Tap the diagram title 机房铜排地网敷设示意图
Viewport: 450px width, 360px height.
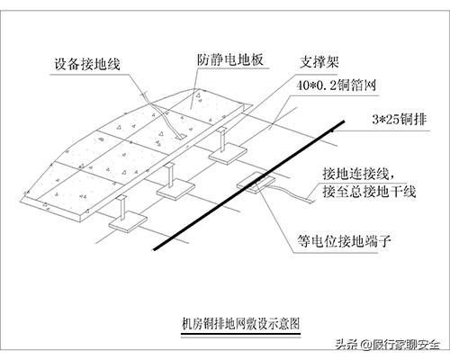(x=238, y=321)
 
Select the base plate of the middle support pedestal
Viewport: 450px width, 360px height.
(x=172, y=188)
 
